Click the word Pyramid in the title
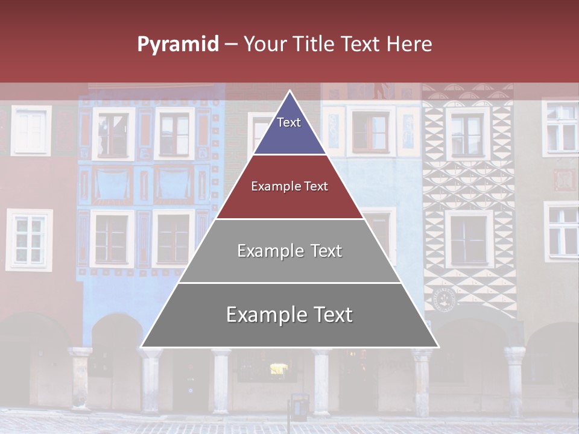click(177, 44)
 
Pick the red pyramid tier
click(289, 187)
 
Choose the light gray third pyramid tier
click(289, 251)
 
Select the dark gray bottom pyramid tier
click(289, 315)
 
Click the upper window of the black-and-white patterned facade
click(467, 134)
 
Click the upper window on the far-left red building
click(31, 131)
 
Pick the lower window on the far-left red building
click(29, 239)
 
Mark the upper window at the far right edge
click(561, 127)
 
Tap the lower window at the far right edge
click(562, 231)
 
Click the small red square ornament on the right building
click(564, 180)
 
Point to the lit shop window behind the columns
click(278, 368)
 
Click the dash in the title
click(231, 44)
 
